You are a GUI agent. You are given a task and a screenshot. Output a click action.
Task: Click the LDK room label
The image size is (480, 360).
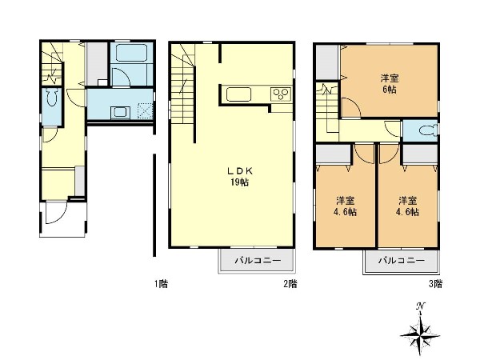click(240, 171)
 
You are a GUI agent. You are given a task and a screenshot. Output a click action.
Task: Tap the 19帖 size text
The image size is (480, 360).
click(240, 182)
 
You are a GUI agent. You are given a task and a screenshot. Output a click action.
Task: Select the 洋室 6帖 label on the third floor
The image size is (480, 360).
click(390, 83)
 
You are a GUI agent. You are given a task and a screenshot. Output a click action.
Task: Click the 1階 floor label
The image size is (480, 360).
click(161, 284)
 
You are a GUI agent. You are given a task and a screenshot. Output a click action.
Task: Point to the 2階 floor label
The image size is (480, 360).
click(290, 284)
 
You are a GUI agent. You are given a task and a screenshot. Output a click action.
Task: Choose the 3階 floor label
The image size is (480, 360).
click(435, 284)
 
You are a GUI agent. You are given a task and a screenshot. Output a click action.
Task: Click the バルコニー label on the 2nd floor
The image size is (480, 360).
click(258, 261)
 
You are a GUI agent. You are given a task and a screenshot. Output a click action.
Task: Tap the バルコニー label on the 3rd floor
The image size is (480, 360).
click(402, 261)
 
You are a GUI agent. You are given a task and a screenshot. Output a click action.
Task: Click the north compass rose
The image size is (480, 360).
click(420, 330)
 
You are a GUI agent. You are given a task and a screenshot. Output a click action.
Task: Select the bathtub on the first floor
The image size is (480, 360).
click(132, 53)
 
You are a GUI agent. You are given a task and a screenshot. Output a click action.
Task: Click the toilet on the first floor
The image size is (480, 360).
click(53, 98)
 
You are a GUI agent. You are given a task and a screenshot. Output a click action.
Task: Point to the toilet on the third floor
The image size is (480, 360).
click(428, 130)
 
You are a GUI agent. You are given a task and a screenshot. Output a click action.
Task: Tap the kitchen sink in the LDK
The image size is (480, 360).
click(238, 94)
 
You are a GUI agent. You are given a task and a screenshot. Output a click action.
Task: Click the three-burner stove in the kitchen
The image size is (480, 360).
click(281, 94)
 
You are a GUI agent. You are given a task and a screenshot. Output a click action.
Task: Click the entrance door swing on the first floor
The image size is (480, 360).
click(56, 212)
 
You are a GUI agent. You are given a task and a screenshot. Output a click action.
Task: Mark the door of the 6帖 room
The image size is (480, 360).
click(351, 107)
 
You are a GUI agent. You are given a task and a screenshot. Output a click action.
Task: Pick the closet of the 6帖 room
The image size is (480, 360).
click(327, 62)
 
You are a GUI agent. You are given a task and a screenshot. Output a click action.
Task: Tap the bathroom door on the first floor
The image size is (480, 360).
click(121, 77)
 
